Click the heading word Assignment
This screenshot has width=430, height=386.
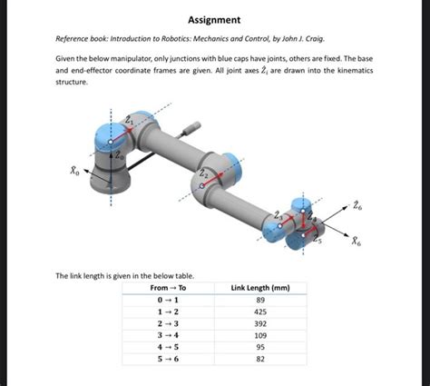[214, 19]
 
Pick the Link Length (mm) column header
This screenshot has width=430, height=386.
[260, 288]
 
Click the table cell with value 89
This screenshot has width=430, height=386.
[260, 301]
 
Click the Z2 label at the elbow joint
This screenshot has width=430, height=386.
[205, 173]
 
